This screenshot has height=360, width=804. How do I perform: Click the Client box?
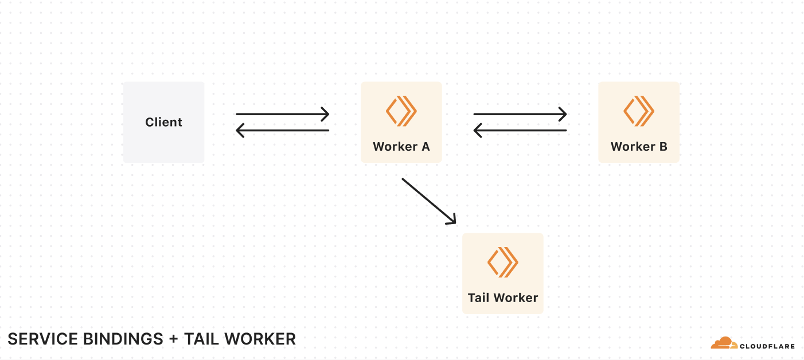click(x=163, y=122)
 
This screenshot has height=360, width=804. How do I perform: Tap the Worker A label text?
click(x=401, y=147)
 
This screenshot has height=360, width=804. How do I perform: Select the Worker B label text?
click(x=639, y=147)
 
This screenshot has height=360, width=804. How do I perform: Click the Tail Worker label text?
click(x=503, y=298)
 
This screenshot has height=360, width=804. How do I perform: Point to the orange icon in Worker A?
click(x=401, y=111)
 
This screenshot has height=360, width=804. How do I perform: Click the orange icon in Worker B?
click(x=639, y=111)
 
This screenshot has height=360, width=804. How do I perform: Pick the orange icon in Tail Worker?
click(x=503, y=262)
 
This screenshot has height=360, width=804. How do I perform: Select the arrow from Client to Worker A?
click(x=283, y=114)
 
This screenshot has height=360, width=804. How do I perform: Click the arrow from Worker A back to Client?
click(x=283, y=131)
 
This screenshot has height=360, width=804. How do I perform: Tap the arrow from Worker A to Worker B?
click(x=520, y=114)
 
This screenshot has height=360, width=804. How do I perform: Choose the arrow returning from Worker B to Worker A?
click(x=520, y=131)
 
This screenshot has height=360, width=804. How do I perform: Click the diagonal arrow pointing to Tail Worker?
click(x=428, y=201)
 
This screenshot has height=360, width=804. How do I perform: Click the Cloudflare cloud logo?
click(x=724, y=343)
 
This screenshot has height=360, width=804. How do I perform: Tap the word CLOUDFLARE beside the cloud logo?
click(x=767, y=346)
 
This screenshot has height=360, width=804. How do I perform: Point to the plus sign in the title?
click(x=174, y=339)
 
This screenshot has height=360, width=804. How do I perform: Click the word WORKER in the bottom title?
click(x=260, y=339)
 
